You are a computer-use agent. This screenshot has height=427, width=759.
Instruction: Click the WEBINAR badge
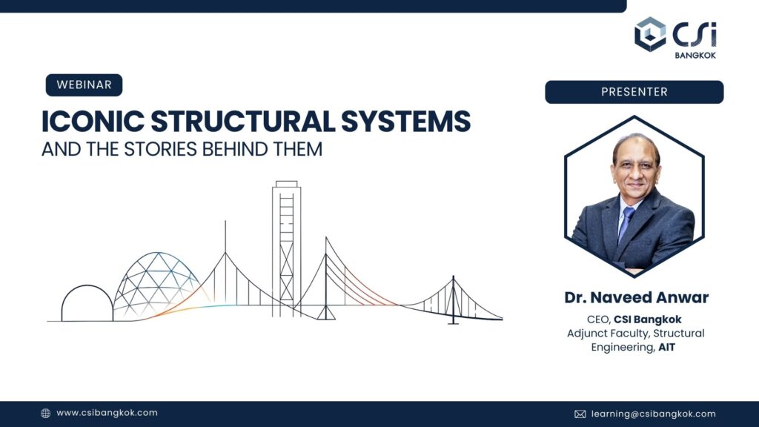pyautogui.click(x=84, y=85)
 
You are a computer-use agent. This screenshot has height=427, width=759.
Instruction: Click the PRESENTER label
pyautogui.click(x=634, y=92)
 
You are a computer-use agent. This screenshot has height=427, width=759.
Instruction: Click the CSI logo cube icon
pyautogui.click(x=650, y=34)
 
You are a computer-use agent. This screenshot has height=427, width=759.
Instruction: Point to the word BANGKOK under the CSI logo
pyautogui.click(x=696, y=55)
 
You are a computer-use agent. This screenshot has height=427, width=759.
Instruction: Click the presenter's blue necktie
pyautogui.click(x=626, y=223)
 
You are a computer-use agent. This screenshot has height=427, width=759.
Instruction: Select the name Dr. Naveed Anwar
pyautogui.click(x=636, y=297)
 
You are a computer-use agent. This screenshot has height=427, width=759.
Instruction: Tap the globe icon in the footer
pyautogui.click(x=45, y=414)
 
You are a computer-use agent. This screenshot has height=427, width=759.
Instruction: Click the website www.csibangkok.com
pyautogui.click(x=107, y=413)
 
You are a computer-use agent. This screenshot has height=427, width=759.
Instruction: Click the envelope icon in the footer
pyautogui.click(x=580, y=414)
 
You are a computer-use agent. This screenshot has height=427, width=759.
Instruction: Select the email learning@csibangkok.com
pyautogui.click(x=653, y=414)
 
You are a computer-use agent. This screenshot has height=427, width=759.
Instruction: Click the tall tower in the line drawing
pyautogui.click(x=286, y=245)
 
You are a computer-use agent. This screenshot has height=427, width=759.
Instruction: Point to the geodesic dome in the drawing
pyautogui.click(x=155, y=282)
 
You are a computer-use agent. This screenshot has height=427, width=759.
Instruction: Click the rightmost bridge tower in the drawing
pyautogui.click(x=453, y=300)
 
